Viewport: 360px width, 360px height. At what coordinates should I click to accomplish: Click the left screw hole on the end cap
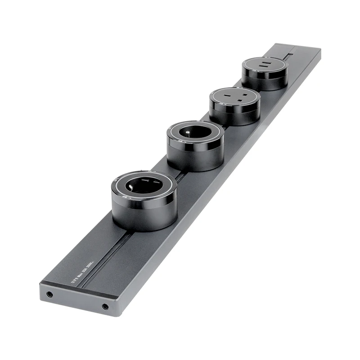coord(50,294)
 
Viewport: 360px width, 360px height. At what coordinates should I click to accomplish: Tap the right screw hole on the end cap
coord(105,306)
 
